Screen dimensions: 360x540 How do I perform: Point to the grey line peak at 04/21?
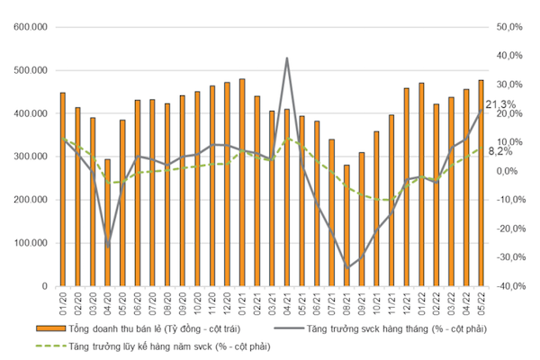tap(287, 58)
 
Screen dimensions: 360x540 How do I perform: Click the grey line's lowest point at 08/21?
tap(346, 268)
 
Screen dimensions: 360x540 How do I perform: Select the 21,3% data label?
tap(500, 105)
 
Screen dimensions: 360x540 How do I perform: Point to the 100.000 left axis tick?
tap(31, 243)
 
